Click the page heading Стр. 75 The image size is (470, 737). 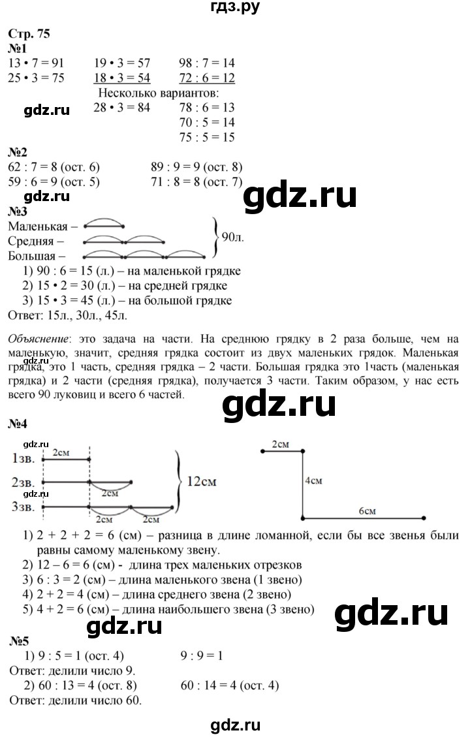tap(29, 33)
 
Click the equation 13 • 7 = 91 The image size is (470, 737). tap(36, 63)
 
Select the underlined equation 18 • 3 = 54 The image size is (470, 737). tap(121, 78)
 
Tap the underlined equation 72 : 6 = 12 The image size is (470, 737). tap(207, 78)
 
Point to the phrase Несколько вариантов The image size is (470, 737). tap(159, 93)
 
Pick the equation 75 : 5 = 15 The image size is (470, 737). tap(207, 137)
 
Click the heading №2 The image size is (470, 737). tap(18, 152)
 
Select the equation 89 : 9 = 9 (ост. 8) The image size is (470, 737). tap(196, 167)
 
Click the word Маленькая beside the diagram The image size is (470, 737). tap(38, 227)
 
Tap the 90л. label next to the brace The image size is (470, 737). tap(232, 237)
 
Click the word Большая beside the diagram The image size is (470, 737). tap(32, 256)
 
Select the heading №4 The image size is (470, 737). tap(18, 424)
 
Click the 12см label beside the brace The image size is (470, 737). tap(202, 481)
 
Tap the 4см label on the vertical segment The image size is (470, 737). tap(313, 481)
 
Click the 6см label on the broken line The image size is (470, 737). tap(367, 511)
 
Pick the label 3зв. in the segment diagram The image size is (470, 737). tap(23, 507)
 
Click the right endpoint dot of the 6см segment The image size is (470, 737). tap(424, 518)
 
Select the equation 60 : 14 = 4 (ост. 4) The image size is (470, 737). tap(230, 685)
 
